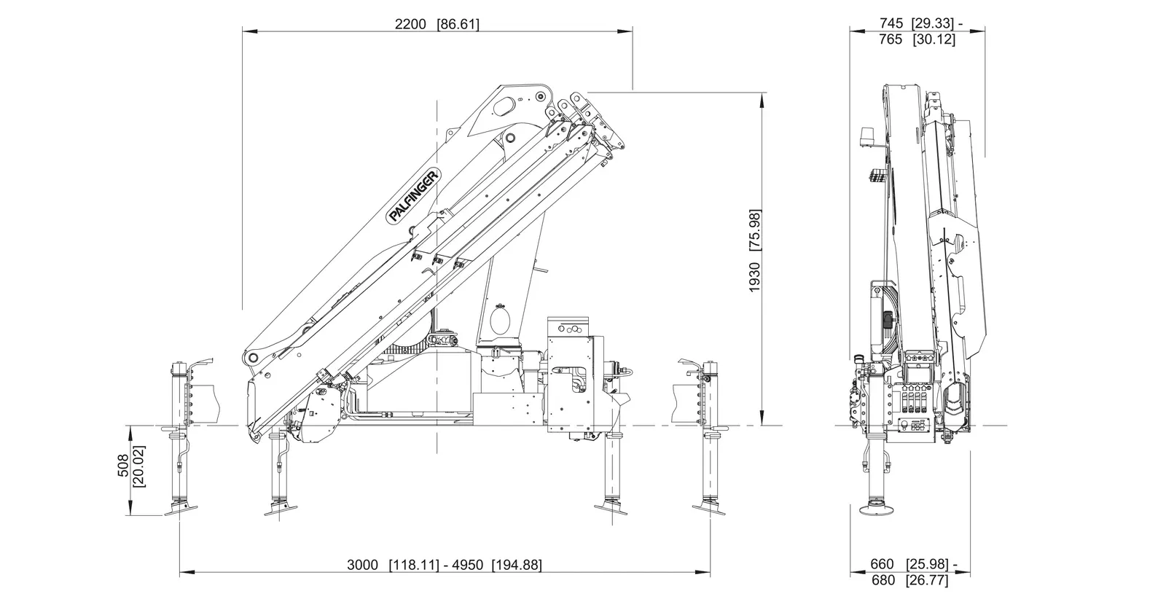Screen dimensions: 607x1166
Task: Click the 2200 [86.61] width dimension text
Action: (x=437, y=24)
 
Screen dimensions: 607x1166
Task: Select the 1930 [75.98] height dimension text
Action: (x=754, y=251)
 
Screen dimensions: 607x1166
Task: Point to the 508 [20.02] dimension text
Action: (x=130, y=471)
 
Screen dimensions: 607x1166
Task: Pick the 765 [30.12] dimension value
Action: (x=917, y=40)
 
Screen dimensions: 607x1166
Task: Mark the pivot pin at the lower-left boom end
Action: (x=251, y=358)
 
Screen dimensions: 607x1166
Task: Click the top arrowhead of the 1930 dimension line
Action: (x=762, y=96)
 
